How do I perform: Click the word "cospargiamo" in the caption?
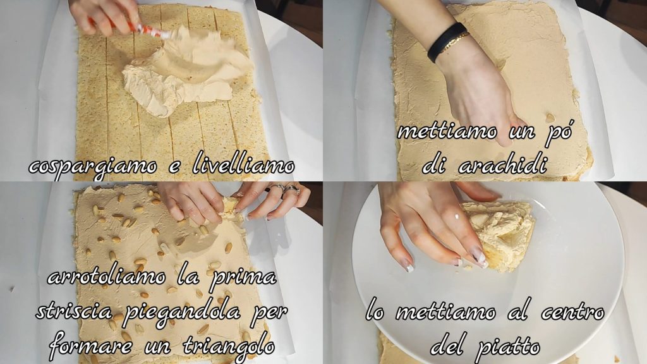click(94, 166)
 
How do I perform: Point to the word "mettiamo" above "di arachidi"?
click(447, 131)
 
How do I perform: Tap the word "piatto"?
click(508, 347)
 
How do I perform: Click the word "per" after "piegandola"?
click(270, 312)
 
